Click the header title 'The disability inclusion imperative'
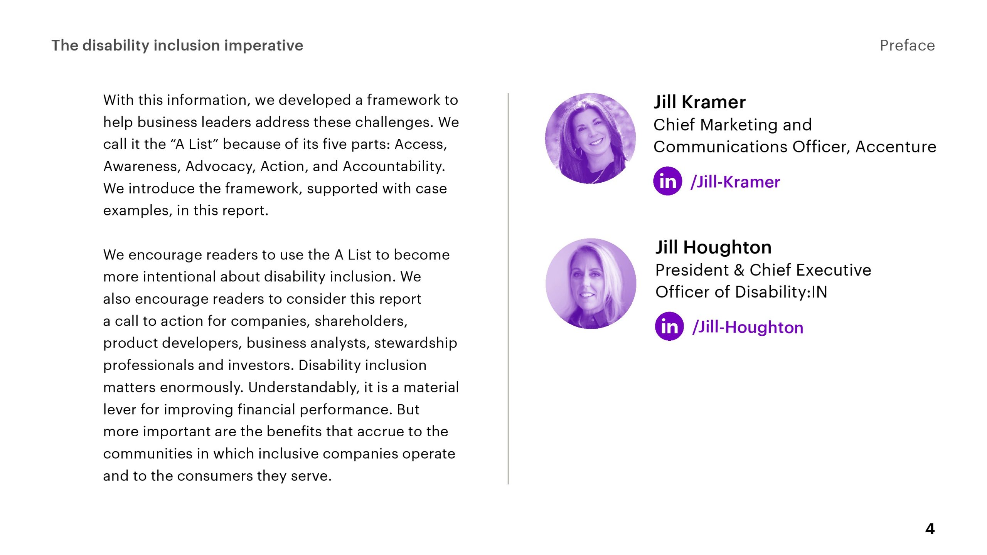tap(177, 45)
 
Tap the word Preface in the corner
tap(907, 45)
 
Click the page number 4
tap(930, 529)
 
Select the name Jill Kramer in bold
tap(699, 102)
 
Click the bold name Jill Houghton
tap(713, 247)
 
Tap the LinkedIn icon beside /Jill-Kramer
tap(668, 181)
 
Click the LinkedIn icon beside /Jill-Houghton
tap(669, 326)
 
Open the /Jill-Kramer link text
tap(735, 182)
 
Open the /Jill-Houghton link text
tap(748, 328)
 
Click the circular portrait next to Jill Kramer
tap(590, 138)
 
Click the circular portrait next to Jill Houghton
tap(591, 284)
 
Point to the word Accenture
tap(896, 147)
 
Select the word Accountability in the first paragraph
tap(394, 166)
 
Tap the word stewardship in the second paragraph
tap(416, 343)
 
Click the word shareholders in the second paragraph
tap(361, 321)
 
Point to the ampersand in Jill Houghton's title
tap(739, 270)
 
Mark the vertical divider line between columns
tap(508, 289)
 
